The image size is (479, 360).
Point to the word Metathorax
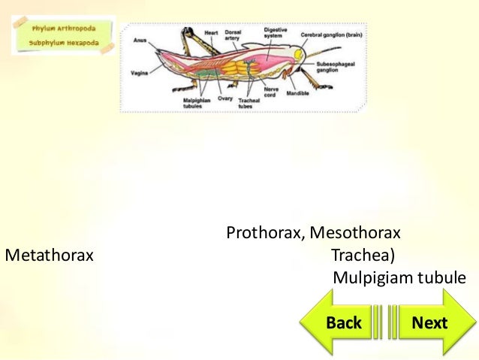(50, 256)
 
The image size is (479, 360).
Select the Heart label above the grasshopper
(211, 32)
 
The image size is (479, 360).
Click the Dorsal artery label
(233, 35)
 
